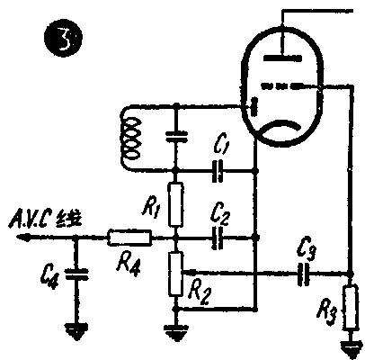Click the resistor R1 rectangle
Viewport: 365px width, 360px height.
tap(177, 204)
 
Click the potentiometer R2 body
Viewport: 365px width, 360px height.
tap(177, 274)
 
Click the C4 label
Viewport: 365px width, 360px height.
tap(50, 274)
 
